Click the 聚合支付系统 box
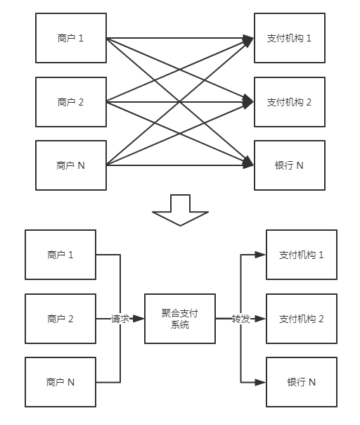(x=180, y=319)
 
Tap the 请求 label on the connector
(x=120, y=319)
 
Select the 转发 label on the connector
(x=240, y=319)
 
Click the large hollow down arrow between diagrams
(x=180, y=210)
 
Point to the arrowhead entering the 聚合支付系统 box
(x=139, y=319)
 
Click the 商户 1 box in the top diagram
(x=71, y=38)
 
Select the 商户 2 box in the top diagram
(x=71, y=102)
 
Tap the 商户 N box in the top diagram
(x=71, y=165)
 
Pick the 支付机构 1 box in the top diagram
(x=290, y=38)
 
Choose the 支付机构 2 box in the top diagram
(x=290, y=102)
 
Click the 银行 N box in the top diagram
(x=290, y=165)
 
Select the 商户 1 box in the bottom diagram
(x=60, y=255)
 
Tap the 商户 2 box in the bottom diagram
(x=60, y=319)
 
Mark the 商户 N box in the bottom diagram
(x=60, y=382)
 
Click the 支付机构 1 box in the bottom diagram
(x=302, y=255)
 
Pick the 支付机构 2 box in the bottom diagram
(x=302, y=319)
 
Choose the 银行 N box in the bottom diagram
(x=302, y=382)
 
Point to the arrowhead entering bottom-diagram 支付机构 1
(x=260, y=255)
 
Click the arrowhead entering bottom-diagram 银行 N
(x=260, y=383)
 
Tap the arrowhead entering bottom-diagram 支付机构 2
(x=260, y=319)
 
